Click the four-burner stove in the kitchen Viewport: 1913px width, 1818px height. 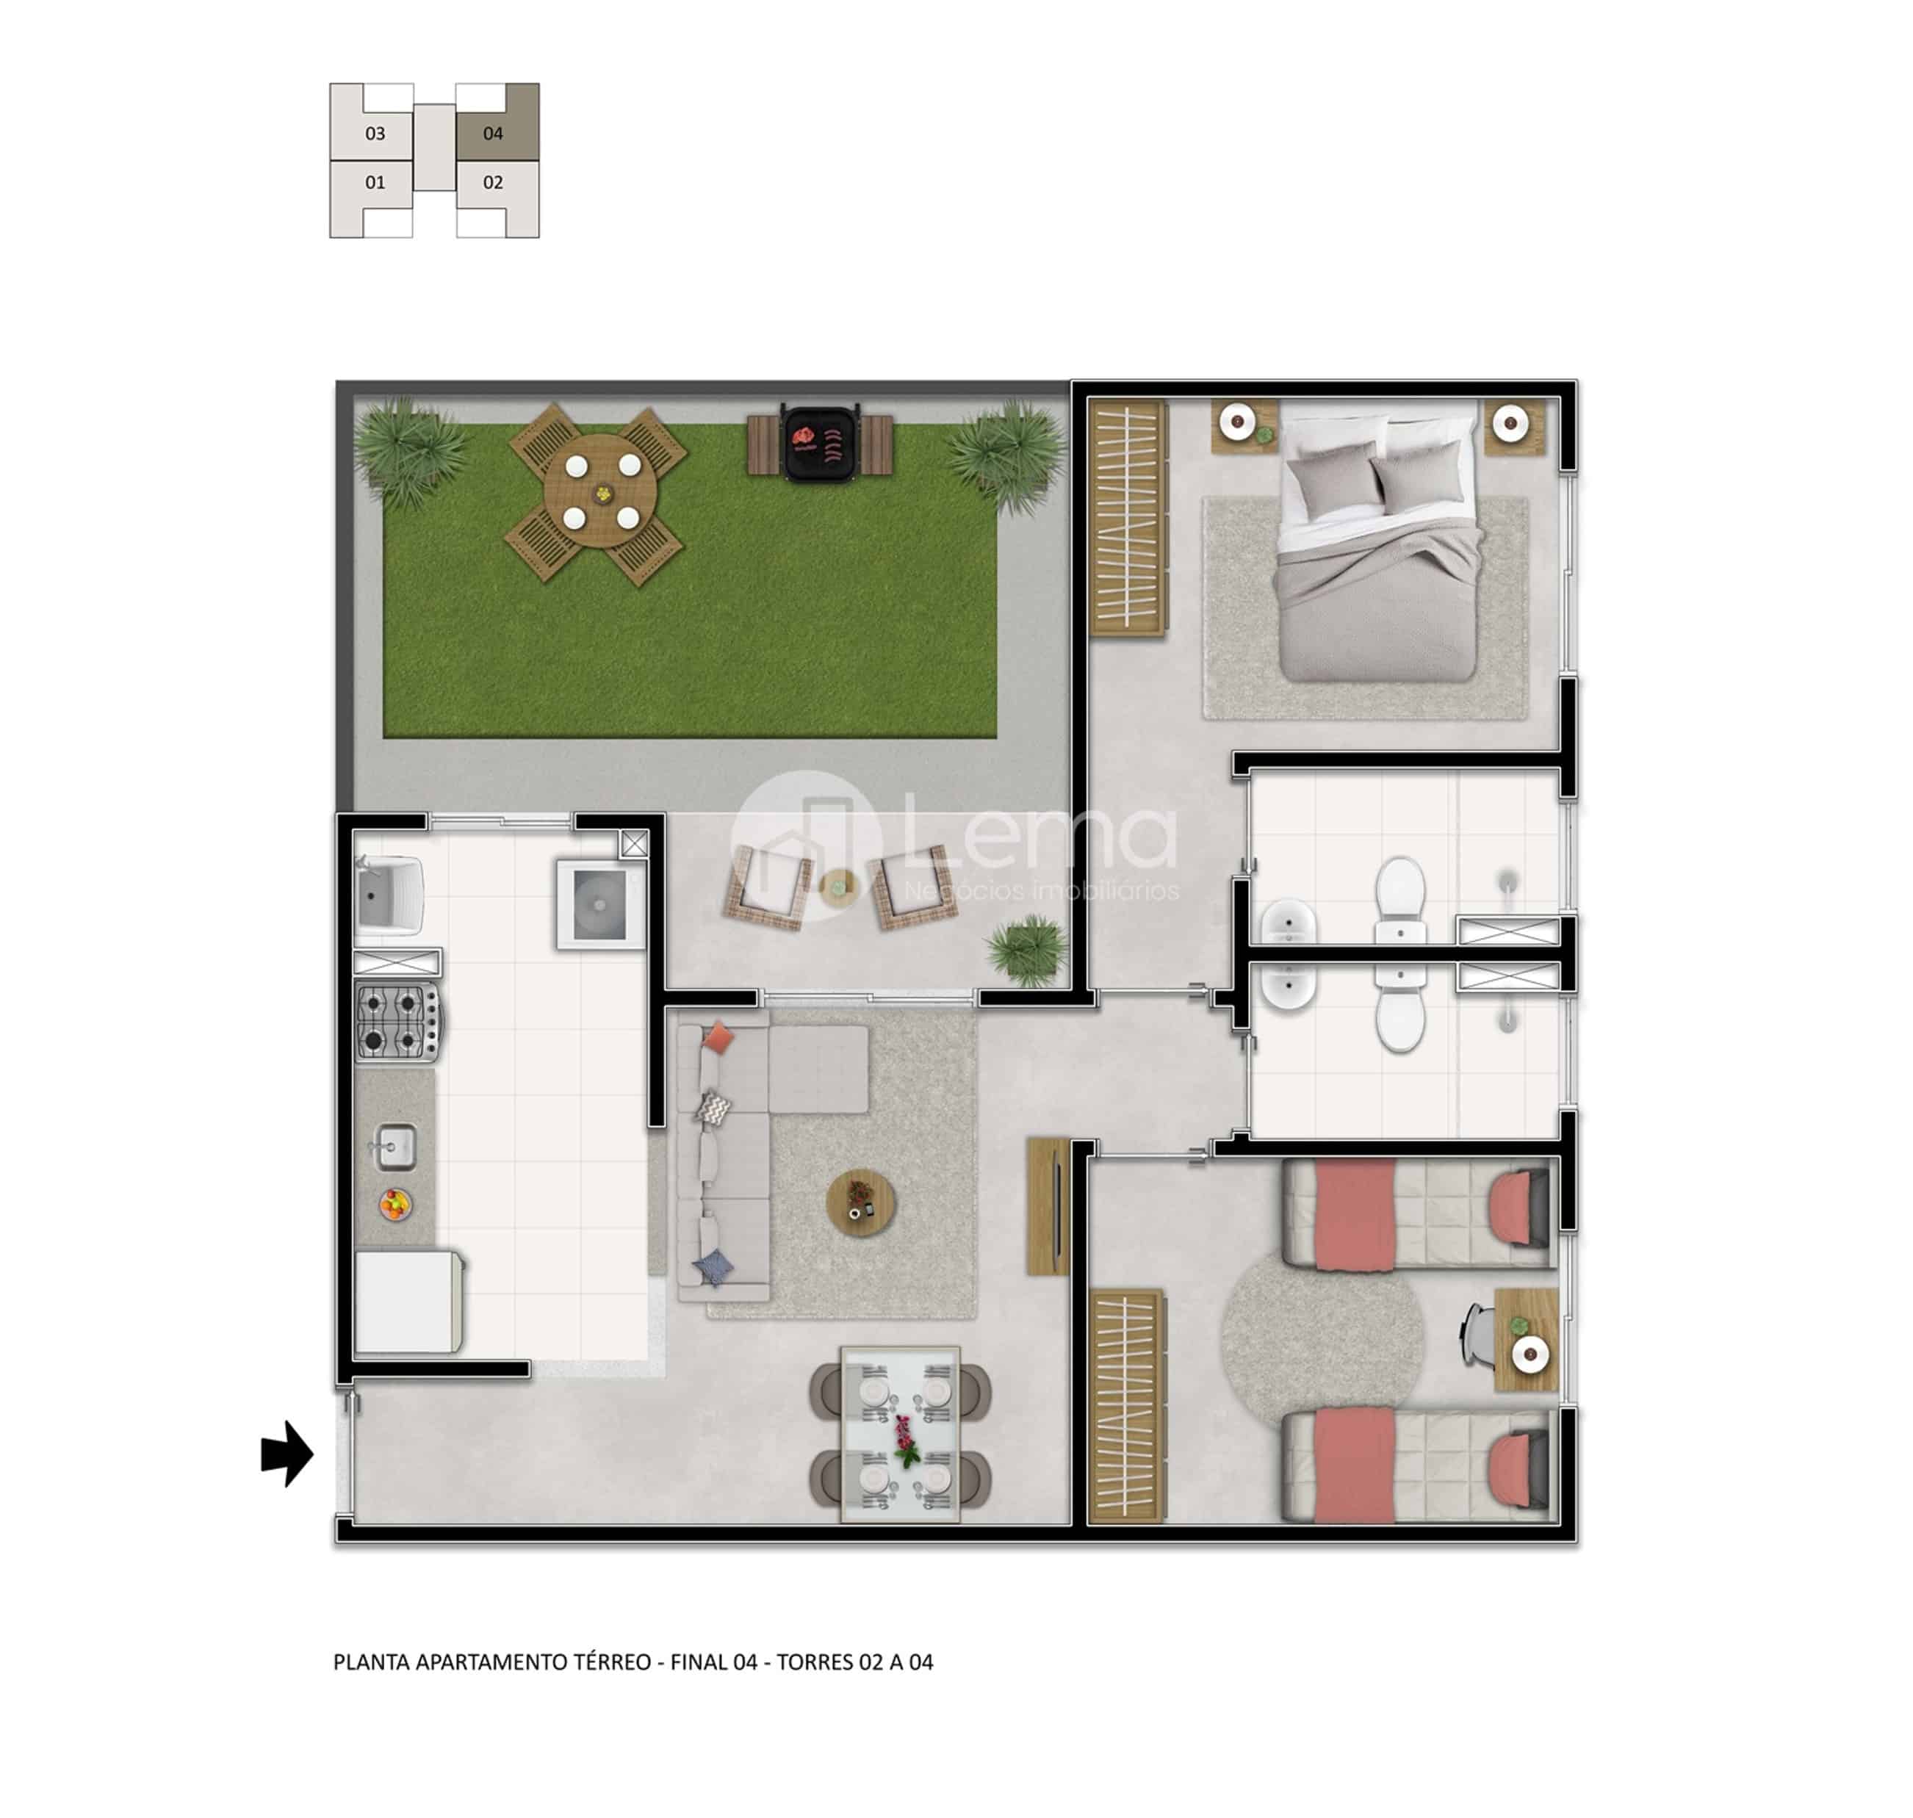tap(398, 1020)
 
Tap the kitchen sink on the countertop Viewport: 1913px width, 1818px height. tap(395, 1147)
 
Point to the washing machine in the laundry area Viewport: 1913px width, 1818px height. tap(600, 904)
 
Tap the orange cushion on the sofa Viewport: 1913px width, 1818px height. tap(718, 1038)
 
